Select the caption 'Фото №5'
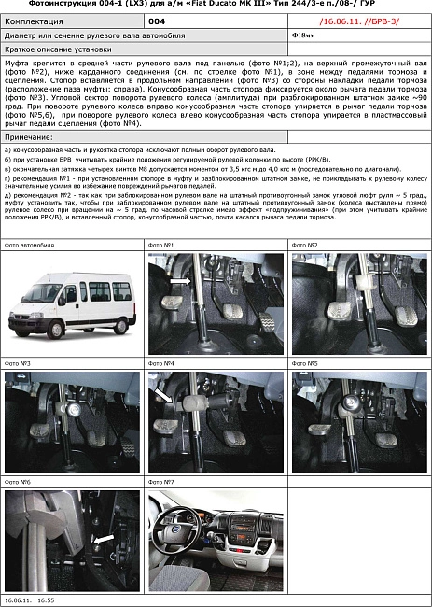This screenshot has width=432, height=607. [306, 362]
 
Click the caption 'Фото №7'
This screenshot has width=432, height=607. [162, 482]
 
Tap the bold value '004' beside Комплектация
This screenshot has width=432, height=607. [157, 19]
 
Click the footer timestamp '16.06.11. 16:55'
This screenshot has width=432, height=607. [30, 601]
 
